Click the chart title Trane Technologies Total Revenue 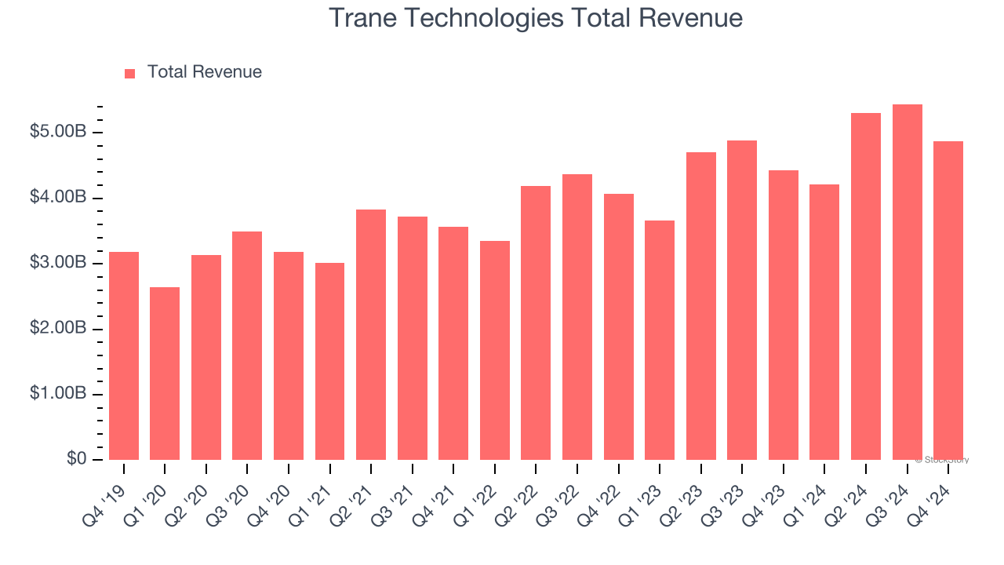[x=535, y=17]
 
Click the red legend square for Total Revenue [x=130, y=73]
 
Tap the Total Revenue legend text [x=204, y=72]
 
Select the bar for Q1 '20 [x=165, y=374]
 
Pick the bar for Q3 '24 [x=907, y=282]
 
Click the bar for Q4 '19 [x=124, y=355]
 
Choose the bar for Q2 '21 [x=371, y=334]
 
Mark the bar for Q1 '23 [x=660, y=340]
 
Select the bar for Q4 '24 [x=948, y=301]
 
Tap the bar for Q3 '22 [x=577, y=317]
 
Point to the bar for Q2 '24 [x=866, y=286]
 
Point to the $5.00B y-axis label [x=57, y=132]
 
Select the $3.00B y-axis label [x=57, y=263]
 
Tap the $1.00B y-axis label [x=57, y=394]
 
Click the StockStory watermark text [x=942, y=460]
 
